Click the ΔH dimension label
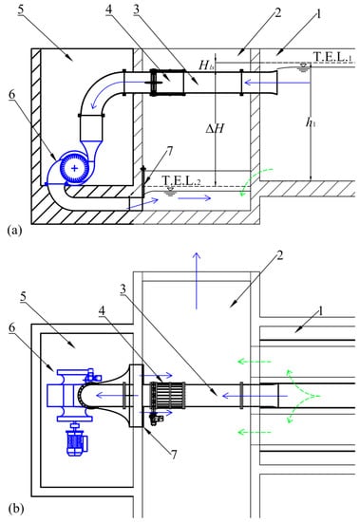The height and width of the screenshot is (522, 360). pos(215,128)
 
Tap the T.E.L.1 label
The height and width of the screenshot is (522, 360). pos(332,57)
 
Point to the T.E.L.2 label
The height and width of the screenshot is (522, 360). pos(181,179)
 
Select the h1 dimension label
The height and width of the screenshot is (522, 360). pos(311,122)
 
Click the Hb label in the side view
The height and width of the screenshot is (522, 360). pos(206,65)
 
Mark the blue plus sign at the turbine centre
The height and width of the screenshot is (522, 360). pos(74,168)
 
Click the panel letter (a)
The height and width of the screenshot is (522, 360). pos(14,231)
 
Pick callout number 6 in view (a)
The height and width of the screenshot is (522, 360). pos(12,95)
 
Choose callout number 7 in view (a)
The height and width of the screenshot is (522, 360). pos(170,152)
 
